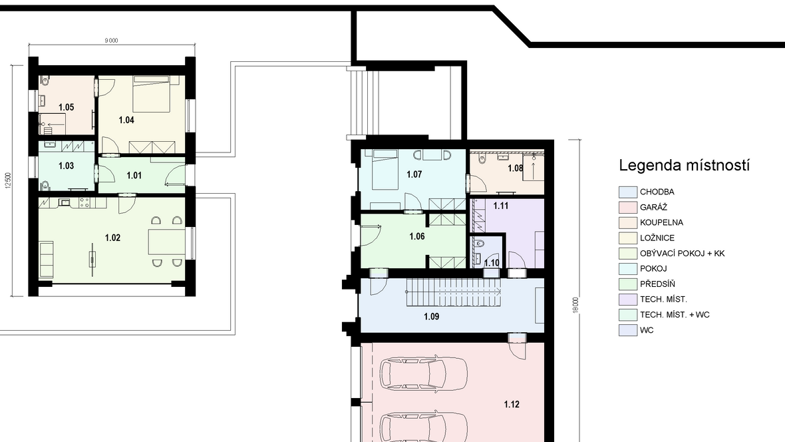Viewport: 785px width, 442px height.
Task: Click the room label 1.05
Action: (66, 107)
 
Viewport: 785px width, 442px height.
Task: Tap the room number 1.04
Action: (126, 120)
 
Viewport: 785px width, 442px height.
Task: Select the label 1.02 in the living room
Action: (112, 238)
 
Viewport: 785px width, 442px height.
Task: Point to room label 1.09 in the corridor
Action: (432, 317)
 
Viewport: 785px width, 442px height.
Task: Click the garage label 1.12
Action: (512, 405)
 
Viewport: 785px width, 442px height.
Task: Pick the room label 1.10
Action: (492, 263)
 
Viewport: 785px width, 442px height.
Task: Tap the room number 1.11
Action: (501, 206)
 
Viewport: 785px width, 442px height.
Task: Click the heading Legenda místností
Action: (684, 165)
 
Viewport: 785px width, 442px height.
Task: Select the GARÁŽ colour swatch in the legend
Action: (628, 208)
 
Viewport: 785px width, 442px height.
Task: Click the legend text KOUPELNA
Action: (661, 222)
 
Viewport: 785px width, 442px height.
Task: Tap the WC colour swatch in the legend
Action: (628, 331)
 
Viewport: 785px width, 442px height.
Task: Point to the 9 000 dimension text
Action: (112, 41)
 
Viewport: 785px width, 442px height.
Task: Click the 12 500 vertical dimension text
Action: (7, 180)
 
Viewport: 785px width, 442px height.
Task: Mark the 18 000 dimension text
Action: (575, 306)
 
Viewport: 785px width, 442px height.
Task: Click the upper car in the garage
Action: (424, 373)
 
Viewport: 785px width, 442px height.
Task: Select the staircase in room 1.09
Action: (453, 293)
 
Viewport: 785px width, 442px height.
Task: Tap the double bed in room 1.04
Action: (151, 95)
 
